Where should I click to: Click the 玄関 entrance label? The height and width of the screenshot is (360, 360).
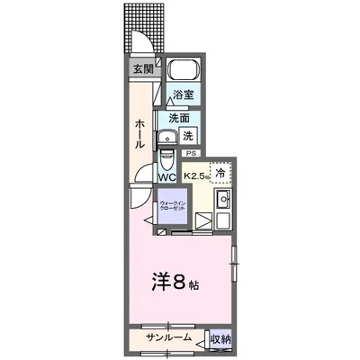pos(144,68)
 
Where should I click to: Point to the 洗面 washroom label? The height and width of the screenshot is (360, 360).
pos(178,117)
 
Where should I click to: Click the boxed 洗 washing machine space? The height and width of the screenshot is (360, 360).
pos(187,136)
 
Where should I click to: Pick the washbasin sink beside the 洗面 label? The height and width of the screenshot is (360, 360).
pos(167,137)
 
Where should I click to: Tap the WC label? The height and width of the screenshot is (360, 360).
pos(166,177)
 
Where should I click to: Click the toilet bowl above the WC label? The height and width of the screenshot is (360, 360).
pos(167,159)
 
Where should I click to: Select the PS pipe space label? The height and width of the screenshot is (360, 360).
pos(191,154)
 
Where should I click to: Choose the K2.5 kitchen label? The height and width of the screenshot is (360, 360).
pos(195,176)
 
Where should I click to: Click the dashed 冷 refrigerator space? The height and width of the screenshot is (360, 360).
pos(220,171)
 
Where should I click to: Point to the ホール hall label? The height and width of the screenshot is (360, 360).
pos(140,132)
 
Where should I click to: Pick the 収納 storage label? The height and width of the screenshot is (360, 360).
pos(220,338)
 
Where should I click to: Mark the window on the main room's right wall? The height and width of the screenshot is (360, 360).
pos(235,262)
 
